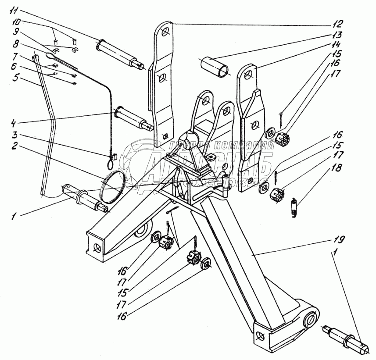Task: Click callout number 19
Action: [x=338, y=240]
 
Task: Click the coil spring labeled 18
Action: [x=295, y=207]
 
